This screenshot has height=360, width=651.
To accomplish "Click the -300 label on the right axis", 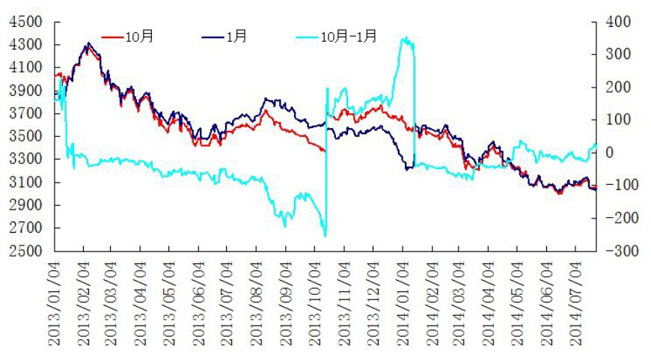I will click(611, 251).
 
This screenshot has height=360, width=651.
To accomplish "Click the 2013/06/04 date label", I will click(199, 303).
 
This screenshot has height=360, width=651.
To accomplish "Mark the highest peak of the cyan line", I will click(405, 37).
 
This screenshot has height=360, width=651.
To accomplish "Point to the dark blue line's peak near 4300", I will click(88, 43).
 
